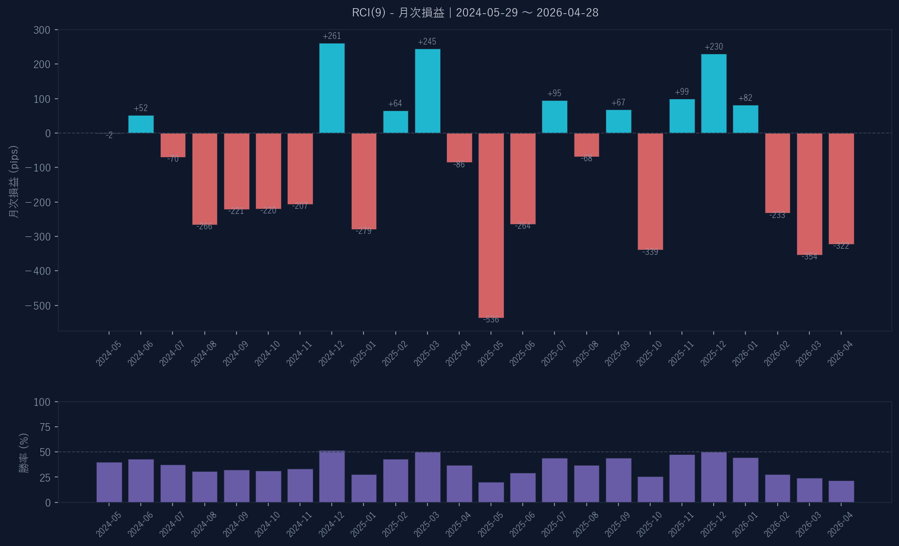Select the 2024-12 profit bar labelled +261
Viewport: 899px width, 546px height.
click(x=332, y=88)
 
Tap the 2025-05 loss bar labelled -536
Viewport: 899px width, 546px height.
click(x=491, y=225)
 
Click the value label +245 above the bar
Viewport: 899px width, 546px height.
click(x=427, y=42)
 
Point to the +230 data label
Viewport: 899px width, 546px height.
click(x=714, y=47)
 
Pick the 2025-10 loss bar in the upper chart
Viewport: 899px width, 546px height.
click(x=650, y=191)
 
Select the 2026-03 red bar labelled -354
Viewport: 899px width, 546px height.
click(x=809, y=193)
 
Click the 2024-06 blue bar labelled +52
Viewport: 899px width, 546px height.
click(x=141, y=124)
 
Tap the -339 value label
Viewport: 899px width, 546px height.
click(x=650, y=252)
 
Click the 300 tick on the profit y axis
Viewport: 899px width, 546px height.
click(x=42, y=30)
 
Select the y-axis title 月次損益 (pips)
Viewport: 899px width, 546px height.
click(x=14, y=182)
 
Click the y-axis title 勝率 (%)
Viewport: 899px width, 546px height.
click(x=24, y=452)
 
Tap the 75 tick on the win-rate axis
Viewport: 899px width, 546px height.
click(x=45, y=427)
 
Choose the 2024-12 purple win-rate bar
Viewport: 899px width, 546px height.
click(x=332, y=476)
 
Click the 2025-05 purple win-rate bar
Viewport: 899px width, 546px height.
click(x=491, y=492)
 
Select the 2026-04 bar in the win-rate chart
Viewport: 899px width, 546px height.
click(x=841, y=491)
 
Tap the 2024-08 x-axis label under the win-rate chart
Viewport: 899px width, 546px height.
click(x=204, y=525)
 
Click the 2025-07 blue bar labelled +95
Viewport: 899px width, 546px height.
click(x=554, y=117)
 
